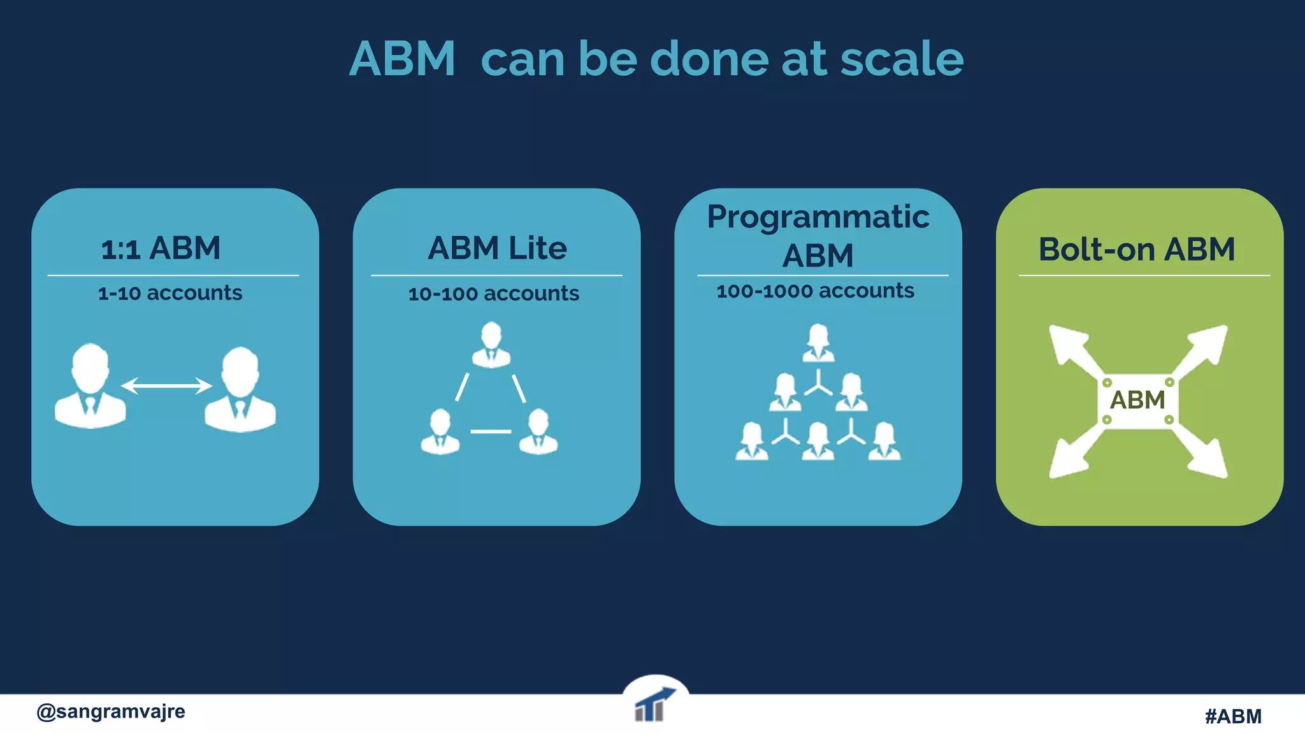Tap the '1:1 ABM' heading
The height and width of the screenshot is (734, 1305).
pos(161,248)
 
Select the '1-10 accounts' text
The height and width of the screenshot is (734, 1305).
pos(170,293)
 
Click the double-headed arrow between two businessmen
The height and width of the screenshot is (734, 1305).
pos(166,385)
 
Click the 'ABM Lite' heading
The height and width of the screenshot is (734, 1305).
pos(497,248)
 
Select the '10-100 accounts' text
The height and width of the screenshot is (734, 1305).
pos(494,294)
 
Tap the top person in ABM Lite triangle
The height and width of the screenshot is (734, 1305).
pos(491,345)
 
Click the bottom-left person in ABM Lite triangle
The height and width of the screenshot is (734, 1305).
pos(440,431)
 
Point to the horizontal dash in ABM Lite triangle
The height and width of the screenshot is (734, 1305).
pos(491,431)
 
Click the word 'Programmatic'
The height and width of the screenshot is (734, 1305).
pos(818,217)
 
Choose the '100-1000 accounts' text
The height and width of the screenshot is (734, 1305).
pos(815,291)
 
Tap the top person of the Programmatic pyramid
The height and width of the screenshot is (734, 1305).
pos(818,343)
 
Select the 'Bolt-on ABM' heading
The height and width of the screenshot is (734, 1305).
pos(1137,249)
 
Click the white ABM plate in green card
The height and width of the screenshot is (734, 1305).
pos(1138,401)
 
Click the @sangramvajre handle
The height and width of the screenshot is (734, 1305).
pos(111,711)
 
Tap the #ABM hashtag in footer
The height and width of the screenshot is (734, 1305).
pos(1233,716)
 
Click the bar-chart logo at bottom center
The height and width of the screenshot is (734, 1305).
pos(654,706)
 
